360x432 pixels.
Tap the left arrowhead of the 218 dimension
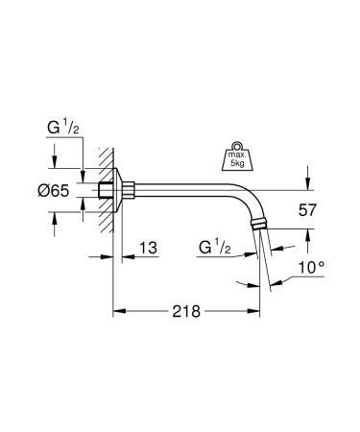[x=118, y=312]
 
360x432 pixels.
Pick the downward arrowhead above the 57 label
[x=306, y=186]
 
